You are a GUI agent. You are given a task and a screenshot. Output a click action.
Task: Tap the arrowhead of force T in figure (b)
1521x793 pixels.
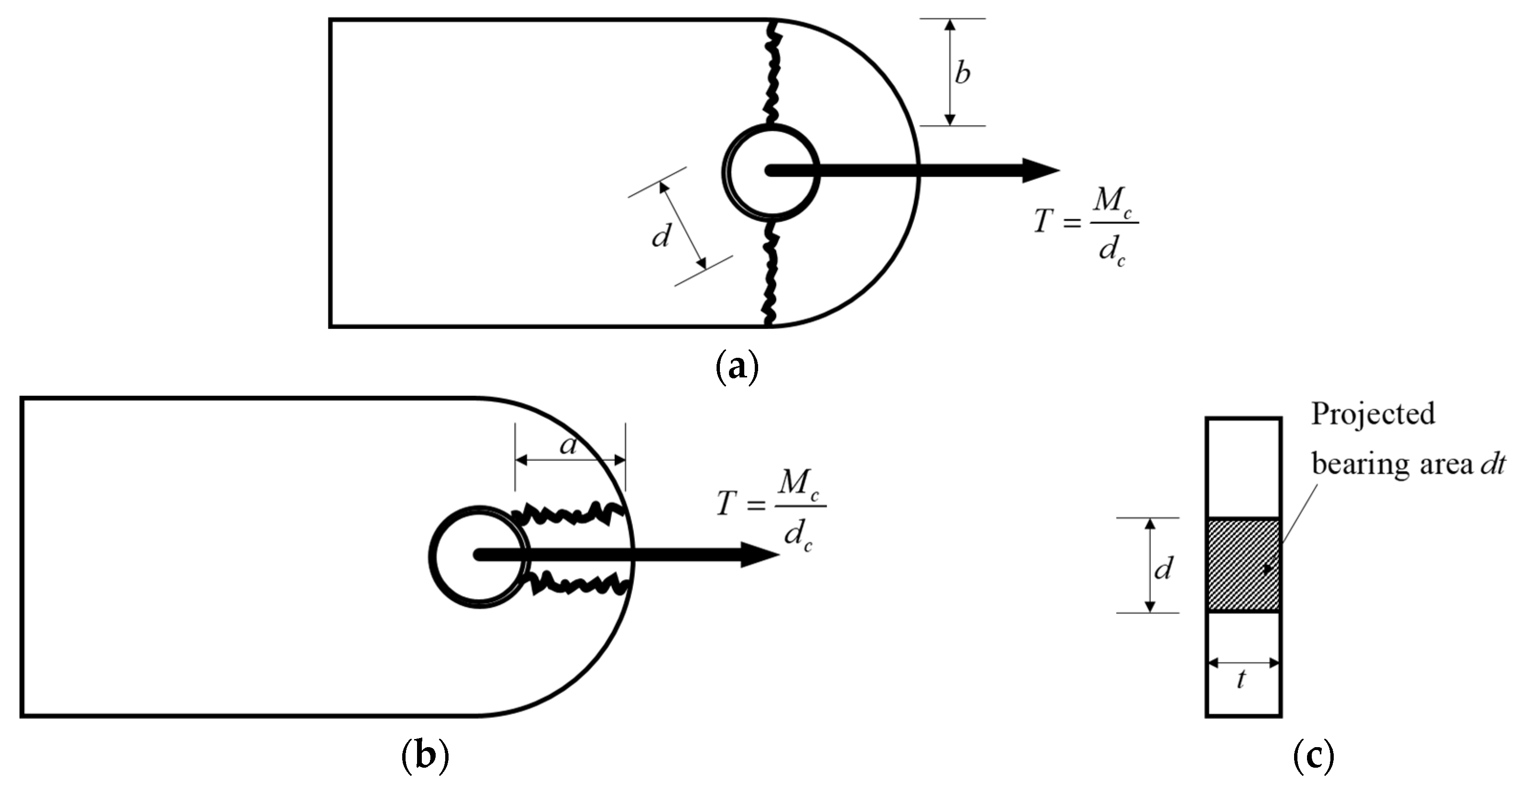[760, 556]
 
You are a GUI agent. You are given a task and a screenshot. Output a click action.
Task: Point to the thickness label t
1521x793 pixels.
[1241, 680]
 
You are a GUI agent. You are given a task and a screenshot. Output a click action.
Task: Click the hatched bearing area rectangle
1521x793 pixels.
[1243, 565]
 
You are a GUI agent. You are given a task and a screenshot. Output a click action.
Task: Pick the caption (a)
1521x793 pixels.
[736, 367]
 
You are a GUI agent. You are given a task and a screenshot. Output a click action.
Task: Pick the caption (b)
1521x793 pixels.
[425, 757]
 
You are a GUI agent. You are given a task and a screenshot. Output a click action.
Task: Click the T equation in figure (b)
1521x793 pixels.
[770, 511]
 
